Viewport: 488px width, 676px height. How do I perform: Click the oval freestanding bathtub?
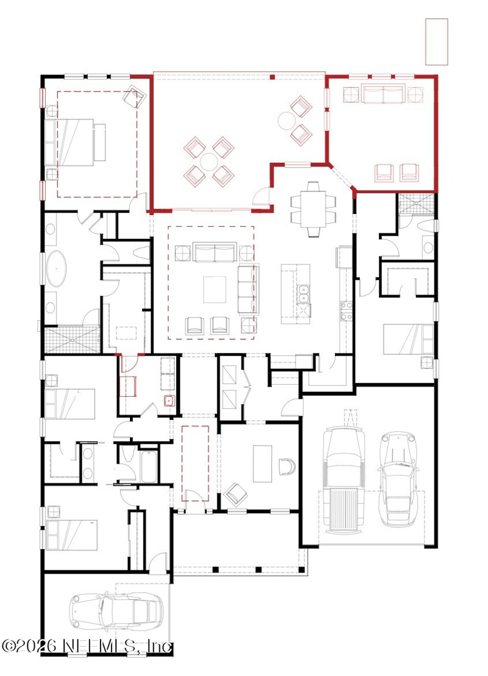click(x=56, y=269)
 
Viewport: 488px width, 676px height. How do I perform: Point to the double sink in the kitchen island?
click(x=304, y=294)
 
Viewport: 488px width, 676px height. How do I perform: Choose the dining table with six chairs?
click(x=314, y=209)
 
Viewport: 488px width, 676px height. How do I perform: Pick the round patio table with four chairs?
click(x=209, y=162)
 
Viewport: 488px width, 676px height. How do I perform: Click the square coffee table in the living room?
click(x=215, y=290)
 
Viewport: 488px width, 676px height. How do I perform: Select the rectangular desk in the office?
click(x=262, y=464)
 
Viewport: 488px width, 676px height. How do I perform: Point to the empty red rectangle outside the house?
click(x=437, y=42)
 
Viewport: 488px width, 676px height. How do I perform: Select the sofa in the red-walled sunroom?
click(x=384, y=94)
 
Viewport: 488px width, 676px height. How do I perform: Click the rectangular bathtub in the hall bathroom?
click(x=149, y=466)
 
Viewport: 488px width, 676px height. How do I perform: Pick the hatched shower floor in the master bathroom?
click(x=71, y=340)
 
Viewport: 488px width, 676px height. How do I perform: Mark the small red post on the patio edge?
click(x=272, y=77)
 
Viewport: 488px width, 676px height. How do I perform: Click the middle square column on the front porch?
click(x=258, y=569)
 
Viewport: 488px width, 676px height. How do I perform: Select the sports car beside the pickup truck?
click(x=397, y=479)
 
